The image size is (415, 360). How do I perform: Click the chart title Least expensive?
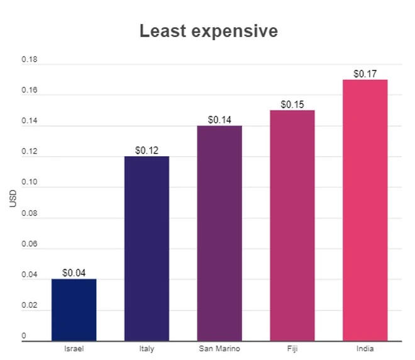[x=208, y=31]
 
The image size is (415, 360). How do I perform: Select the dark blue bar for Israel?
[x=74, y=310]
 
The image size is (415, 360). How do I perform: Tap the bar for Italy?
[x=147, y=249]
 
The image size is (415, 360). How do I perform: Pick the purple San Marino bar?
[x=219, y=233]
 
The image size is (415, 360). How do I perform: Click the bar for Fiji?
[x=292, y=225]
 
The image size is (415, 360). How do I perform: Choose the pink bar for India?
[x=365, y=210]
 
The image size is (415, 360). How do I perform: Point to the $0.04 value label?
[x=74, y=273]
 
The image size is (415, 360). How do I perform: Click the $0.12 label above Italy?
[x=147, y=150]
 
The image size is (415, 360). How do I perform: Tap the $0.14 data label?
[x=219, y=120]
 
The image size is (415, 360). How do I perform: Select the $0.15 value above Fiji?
[x=292, y=104]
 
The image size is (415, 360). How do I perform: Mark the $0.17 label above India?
[x=365, y=74]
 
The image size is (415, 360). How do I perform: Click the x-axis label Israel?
[x=74, y=349]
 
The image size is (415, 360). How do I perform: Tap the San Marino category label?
[x=219, y=349]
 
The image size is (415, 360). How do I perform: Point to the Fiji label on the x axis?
[x=292, y=349]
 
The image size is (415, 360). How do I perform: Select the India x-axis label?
[x=365, y=349]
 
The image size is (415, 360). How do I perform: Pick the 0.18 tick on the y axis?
[x=30, y=60]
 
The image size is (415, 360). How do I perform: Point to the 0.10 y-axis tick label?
[x=30, y=183]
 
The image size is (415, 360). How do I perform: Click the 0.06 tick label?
[x=30, y=245]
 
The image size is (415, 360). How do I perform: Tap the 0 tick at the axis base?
[x=25, y=336]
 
